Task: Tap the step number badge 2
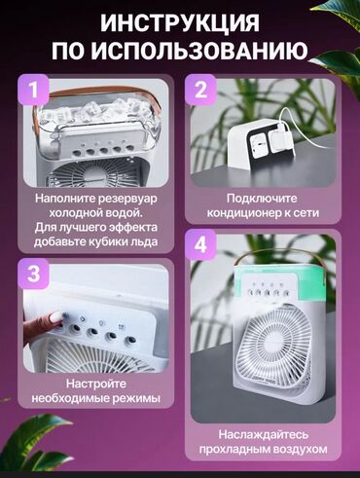point(201,92)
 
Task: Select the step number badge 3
point(35,275)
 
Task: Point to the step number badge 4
point(201,242)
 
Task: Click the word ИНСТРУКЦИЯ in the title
point(180,22)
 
